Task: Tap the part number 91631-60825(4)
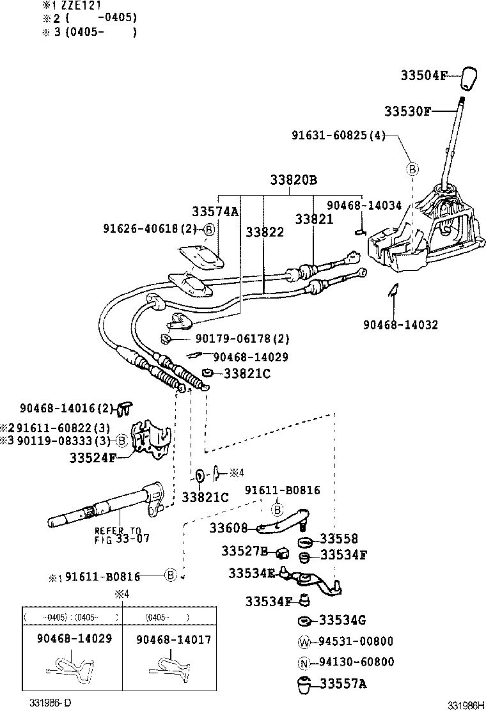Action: point(338,136)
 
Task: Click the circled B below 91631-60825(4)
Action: point(412,169)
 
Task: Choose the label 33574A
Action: point(215,212)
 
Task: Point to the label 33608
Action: point(228,528)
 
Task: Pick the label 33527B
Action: point(244,551)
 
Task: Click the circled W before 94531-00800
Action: point(304,641)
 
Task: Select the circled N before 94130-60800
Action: point(304,662)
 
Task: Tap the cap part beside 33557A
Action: point(304,684)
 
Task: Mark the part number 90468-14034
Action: point(364,205)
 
